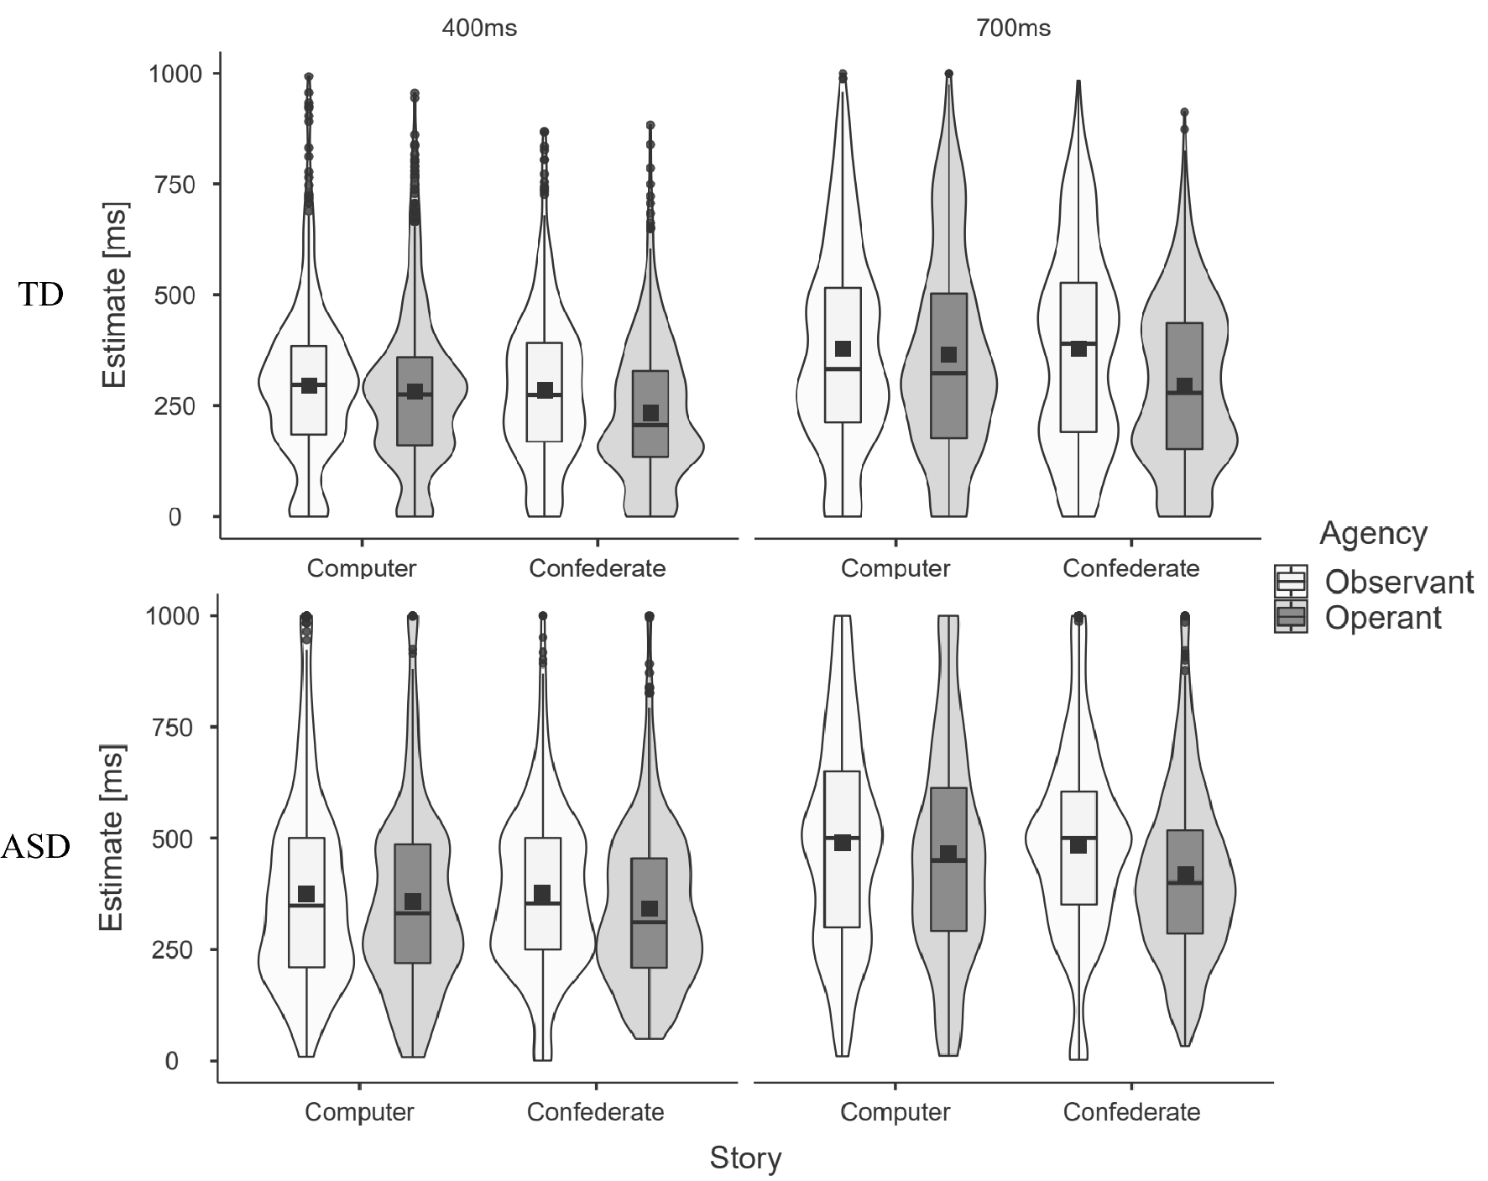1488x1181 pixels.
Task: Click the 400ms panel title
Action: tap(480, 28)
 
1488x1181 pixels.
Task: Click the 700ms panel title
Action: tap(1013, 28)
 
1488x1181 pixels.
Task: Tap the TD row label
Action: tap(41, 295)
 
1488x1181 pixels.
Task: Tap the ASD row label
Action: tap(34, 847)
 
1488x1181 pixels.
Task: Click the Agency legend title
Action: tap(1373, 533)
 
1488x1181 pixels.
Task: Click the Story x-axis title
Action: tap(745, 1157)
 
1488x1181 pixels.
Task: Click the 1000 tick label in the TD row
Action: tap(175, 74)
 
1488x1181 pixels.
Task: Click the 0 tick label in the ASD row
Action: tap(171, 1061)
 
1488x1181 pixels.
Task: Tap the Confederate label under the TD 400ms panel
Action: tap(597, 568)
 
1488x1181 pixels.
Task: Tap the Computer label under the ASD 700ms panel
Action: tap(895, 1112)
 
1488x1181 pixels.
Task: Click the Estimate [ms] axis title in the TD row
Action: tap(114, 295)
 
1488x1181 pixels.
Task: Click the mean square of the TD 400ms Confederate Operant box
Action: tap(650, 412)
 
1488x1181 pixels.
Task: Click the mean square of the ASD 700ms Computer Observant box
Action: tap(843, 843)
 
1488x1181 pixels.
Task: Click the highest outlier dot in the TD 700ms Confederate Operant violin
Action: tap(1184, 112)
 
